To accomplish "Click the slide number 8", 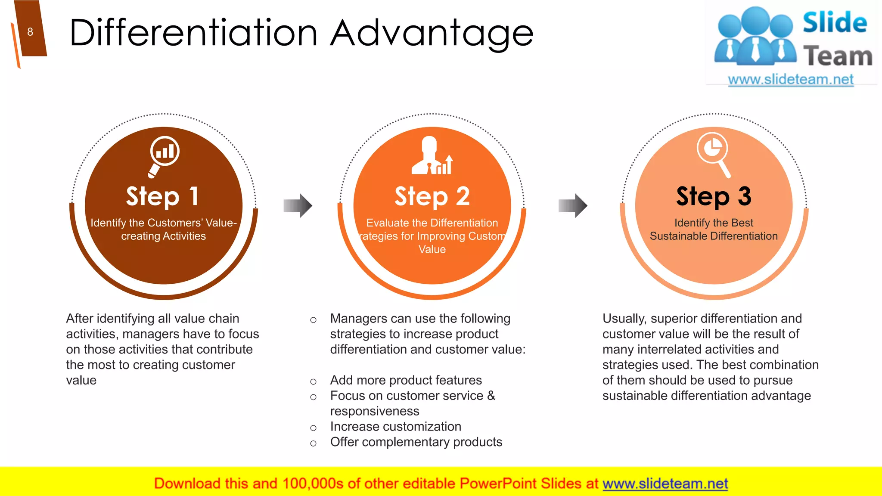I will pos(30,32).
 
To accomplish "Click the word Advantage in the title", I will pos(432,34).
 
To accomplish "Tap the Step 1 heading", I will pos(163,197).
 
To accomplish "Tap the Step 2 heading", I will pos(432,197).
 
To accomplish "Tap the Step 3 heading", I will pos(714,197).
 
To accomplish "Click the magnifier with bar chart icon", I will pos(164,155).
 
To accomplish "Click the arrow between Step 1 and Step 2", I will pos(298,205).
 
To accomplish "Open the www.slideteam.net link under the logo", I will pos(791,80).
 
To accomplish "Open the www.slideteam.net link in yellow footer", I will pos(665,484).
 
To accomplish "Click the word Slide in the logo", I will pos(835,23).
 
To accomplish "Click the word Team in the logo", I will pos(838,56).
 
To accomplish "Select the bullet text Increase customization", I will pos(395,427).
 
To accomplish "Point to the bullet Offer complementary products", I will pos(416,442).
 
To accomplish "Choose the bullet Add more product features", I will pos(406,380).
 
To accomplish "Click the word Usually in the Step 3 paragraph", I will pos(624,319).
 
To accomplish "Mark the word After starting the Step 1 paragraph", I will pos(80,319).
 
